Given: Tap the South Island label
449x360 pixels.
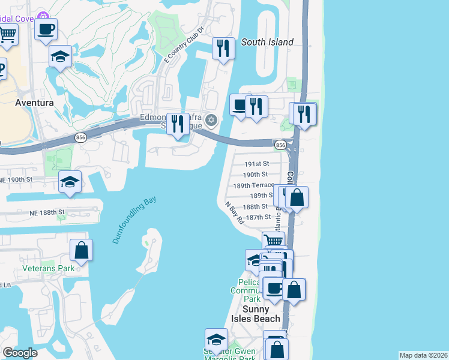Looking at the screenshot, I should click(x=267, y=42).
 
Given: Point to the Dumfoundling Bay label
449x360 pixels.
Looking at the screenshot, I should click(x=133, y=220).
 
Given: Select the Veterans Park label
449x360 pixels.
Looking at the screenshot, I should click(x=49, y=268).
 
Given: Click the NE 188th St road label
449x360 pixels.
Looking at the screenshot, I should click(x=46, y=212).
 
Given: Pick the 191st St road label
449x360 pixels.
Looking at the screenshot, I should click(x=257, y=163).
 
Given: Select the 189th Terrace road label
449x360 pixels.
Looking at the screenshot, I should click(x=254, y=185).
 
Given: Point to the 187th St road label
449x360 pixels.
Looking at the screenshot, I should click(x=258, y=217).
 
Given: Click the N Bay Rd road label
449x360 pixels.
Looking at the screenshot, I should click(x=235, y=212).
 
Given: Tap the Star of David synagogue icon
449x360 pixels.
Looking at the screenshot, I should click(x=211, y=121).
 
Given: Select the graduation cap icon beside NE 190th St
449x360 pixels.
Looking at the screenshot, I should click(x=70, y=181).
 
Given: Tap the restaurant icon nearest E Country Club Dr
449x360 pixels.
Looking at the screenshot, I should click(x=223, y=48).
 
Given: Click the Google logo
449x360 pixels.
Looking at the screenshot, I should click(x=20, y=353).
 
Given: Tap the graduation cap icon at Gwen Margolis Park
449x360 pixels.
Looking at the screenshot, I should click(x=216, y=339).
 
